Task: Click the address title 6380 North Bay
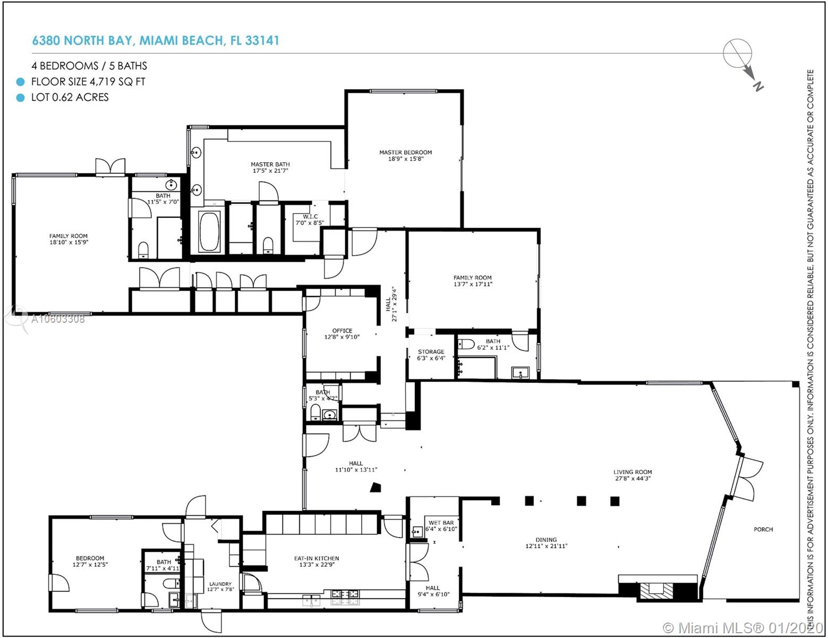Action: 156,41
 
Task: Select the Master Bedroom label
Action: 405,155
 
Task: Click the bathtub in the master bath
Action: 209,232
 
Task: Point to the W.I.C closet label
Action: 306,220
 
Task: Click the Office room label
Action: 342,333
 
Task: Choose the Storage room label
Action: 431,355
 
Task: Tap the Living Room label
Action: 632,475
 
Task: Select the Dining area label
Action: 546,542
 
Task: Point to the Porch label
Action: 763,529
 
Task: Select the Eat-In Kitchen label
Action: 317,561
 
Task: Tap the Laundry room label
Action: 220,587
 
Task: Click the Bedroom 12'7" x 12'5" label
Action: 88,561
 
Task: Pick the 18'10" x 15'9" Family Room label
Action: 68,239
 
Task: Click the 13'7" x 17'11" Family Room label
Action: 472,281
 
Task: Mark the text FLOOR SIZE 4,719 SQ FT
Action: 88,82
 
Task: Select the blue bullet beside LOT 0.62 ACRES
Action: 20,98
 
